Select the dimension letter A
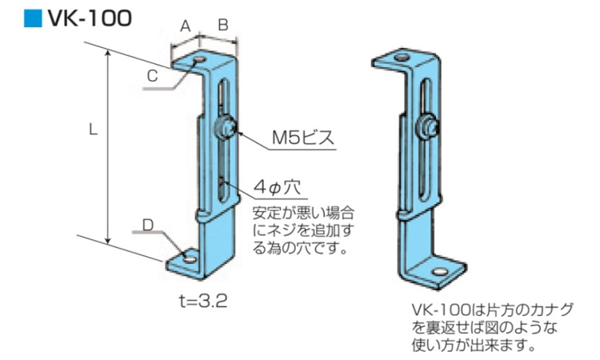click(x=185, y=26)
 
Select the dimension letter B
click(x=223, y=26)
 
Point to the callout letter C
click(x=152, y=76)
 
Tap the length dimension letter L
click(x=93, y=130)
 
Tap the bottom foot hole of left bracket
click(x=189, y=259)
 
